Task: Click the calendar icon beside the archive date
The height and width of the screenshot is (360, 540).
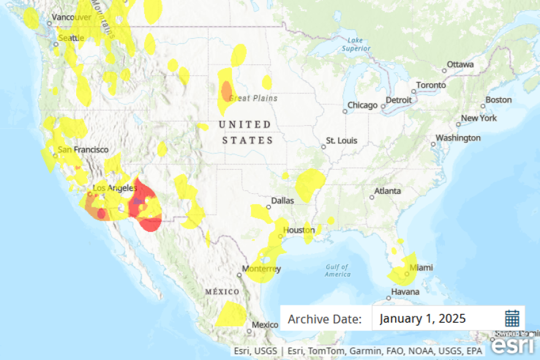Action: point(512,318)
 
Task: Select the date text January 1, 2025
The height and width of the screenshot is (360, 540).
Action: point(422,318)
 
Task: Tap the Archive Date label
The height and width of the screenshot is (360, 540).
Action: point(325,319)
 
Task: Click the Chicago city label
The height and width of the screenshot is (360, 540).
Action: point(362,105)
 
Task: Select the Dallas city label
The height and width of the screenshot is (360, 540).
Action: point(283,200)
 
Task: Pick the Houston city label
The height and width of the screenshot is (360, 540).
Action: point(299,230)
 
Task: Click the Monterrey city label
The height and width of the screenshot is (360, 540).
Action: point(261,269)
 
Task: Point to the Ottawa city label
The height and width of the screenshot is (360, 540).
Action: point(460,64)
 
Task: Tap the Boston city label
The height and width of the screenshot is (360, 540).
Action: point(498,100)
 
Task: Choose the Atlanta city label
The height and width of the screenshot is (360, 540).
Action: point(388,191)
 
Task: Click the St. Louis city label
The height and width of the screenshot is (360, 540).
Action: point(341,140)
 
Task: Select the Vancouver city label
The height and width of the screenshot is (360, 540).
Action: point(71,17)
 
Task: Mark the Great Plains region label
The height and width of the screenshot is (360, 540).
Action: point(253,98)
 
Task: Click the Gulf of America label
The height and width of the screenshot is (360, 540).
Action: point(337,270)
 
